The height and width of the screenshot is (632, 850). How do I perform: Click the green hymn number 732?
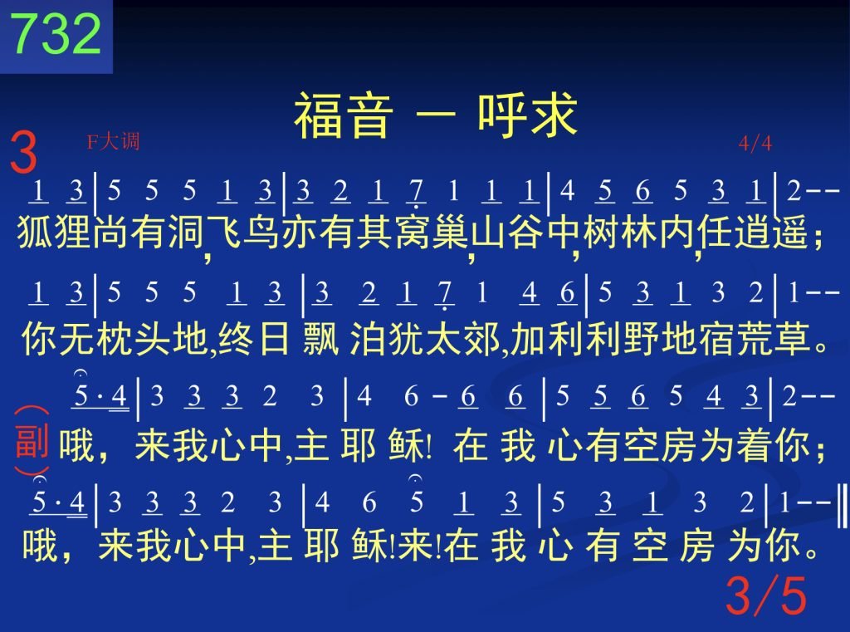[x=56, y=33]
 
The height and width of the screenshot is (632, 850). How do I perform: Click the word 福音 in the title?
[x=343, y=115]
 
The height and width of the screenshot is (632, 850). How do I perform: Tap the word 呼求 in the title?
[x=527, y=115]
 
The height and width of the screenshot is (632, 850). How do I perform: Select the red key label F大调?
[x=113, y=141]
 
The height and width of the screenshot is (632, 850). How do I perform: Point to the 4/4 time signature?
[x=755, y=143]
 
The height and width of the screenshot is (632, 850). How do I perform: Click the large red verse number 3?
[x=24, y=153]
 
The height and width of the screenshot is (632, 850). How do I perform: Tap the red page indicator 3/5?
[x=766, y=595]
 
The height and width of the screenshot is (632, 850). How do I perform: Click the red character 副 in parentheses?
[x=32, y=440]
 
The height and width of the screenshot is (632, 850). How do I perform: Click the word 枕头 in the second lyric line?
[x=133, y=339]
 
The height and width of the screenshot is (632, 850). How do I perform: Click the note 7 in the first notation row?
[x=416, y=192]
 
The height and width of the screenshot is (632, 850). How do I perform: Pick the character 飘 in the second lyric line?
[x=321, y=339]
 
